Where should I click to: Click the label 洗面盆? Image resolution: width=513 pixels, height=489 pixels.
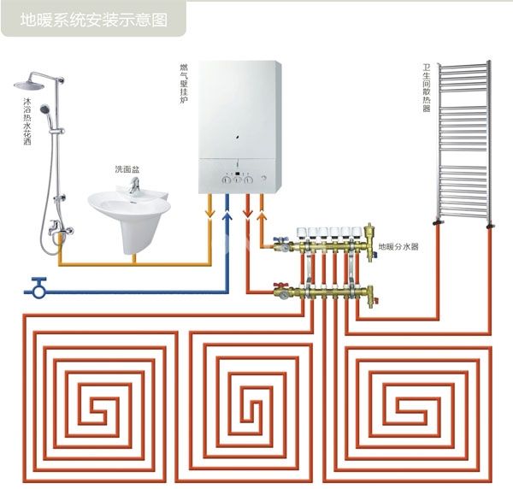(x=127, y=170)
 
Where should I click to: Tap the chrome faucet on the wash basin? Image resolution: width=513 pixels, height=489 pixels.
(x=135, y=186)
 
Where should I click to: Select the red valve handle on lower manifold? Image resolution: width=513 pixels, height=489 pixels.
(x=278, y=286)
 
